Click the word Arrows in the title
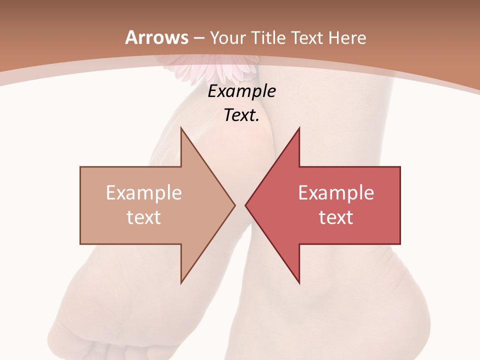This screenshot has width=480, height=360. click(x=157, y=37)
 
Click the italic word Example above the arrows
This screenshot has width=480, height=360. click(x=241, y=91)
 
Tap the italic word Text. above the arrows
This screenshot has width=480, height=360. click(x=241, y=115)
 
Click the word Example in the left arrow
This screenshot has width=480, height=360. click(x=144, y=192)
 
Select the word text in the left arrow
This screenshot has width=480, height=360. click(x=144, y=217)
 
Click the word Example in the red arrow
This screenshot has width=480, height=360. click(x=336, y=192)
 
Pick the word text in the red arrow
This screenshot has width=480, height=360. click(x=336, y=217)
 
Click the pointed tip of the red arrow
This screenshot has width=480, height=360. click(x=246, y=205)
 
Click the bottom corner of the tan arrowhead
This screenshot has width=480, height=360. click(x=181, y=282)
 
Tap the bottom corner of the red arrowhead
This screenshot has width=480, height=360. click(x=299, y=282)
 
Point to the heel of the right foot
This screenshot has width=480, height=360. click(x=400, y=310)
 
